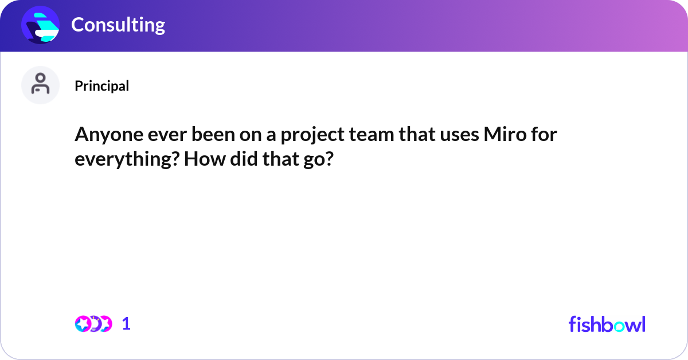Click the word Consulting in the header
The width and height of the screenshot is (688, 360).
[118, 25]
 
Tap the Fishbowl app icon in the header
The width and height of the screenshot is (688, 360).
[41, 25]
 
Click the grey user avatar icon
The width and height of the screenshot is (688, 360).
[40, 85]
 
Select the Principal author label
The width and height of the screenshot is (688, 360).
[101, 86]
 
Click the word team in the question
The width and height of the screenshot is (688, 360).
[367, 135]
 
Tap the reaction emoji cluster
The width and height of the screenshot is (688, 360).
[93, 324]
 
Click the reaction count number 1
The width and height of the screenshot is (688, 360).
[126, 324]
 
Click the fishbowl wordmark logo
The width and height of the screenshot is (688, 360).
[607, 324]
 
